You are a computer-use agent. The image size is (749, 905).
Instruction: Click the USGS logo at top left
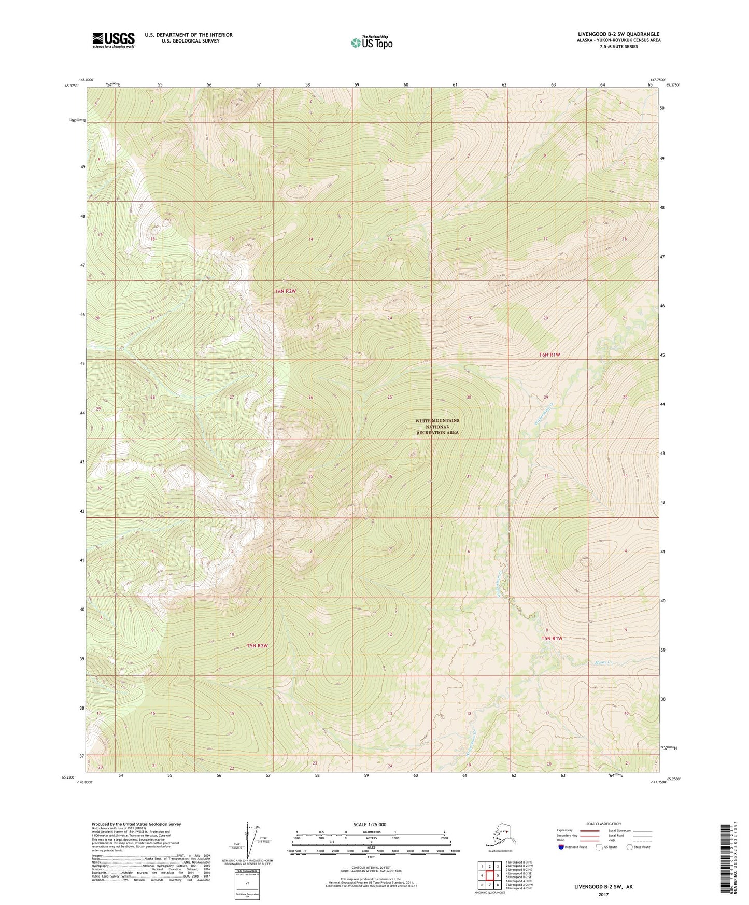coord(113,39)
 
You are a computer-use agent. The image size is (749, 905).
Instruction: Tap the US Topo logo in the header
coord(372,42)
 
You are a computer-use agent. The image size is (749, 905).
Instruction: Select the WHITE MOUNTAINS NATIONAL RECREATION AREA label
coord(437,427)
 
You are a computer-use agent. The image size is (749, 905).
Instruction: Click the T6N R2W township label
coord(286,291)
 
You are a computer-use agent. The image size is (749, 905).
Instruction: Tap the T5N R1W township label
coord(552,638)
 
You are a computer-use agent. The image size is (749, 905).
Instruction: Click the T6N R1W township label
coord(549,355)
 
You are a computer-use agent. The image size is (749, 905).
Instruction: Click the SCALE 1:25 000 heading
coord(370,824)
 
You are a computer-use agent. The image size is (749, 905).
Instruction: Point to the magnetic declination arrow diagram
coord(253,842)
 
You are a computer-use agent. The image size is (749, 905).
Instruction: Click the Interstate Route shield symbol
coord(561,847)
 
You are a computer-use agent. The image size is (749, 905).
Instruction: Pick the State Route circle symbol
coord(630,847)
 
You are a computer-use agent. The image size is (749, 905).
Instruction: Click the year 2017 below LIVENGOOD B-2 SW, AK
coord(603,894)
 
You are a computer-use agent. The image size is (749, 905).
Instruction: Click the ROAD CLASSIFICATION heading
coord(603,824)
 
